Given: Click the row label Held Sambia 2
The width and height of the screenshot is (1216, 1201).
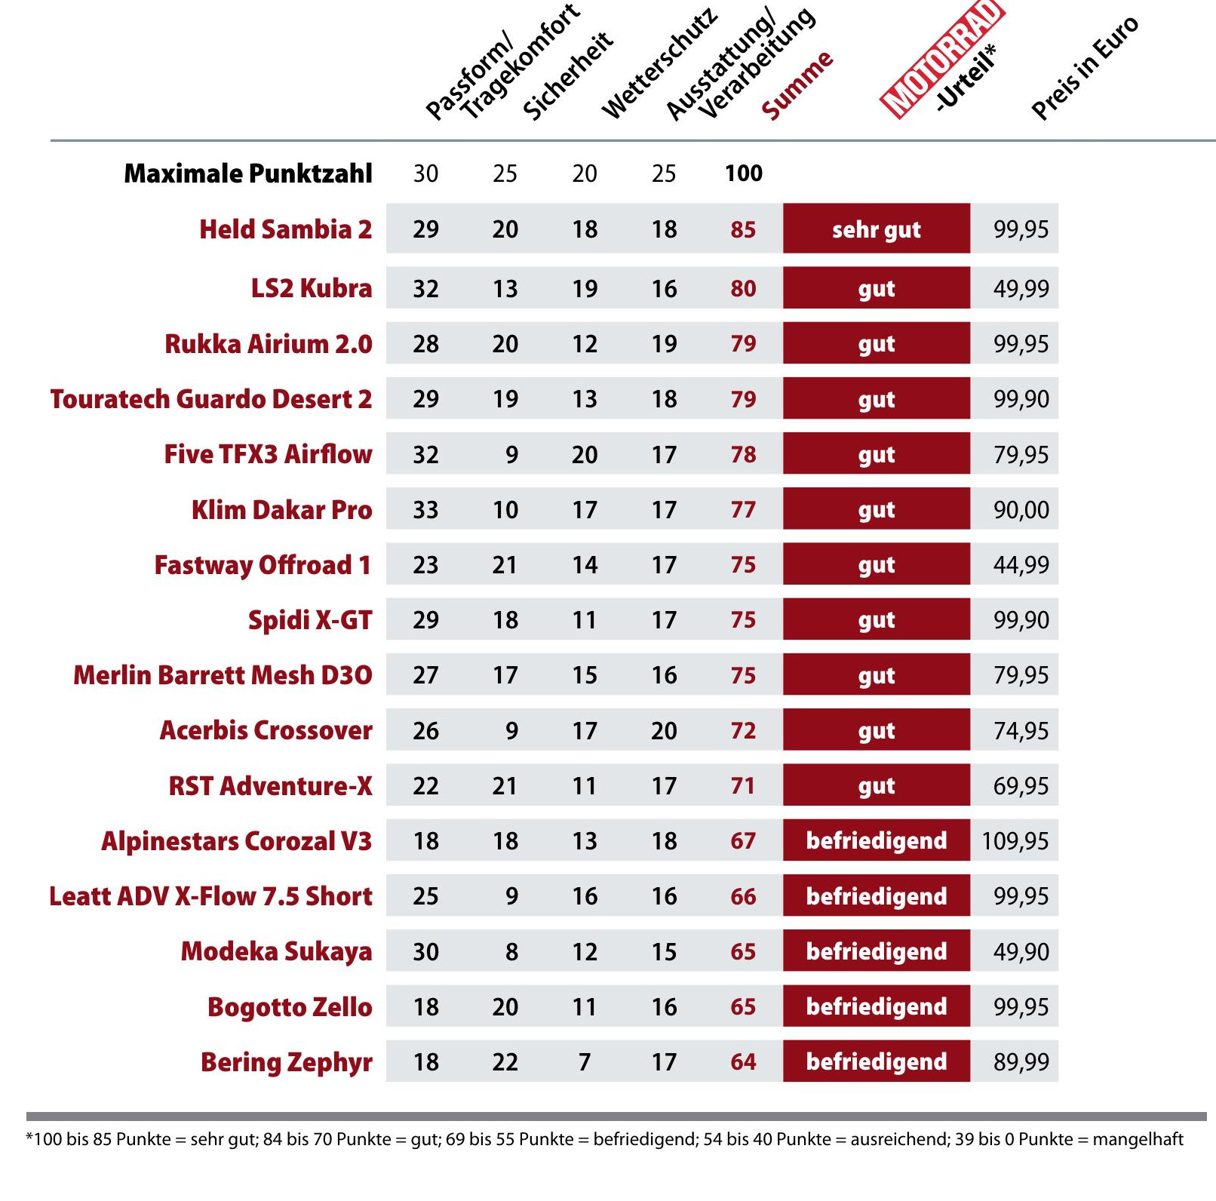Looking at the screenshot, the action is tap(286, 229).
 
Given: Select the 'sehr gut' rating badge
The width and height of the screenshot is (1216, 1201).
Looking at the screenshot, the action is tap(877, 229).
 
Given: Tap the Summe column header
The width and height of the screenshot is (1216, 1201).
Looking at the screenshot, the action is tap(797, 85).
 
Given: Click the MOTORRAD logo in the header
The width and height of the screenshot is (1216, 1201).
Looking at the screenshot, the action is tap(942, 58).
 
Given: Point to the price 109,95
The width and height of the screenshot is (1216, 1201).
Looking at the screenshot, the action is tap(1015, 840).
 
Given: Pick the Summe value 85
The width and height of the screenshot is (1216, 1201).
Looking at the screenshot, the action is tap(743, 229).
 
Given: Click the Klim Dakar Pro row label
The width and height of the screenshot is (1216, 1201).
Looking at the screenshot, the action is tap(282, 510).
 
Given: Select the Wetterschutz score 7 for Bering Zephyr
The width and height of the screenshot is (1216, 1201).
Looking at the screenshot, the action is tap(585, 1062).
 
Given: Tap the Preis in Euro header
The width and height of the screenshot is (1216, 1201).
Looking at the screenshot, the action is tap(1085, 68).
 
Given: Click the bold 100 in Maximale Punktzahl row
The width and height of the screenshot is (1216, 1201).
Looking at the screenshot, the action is tap(744, 174).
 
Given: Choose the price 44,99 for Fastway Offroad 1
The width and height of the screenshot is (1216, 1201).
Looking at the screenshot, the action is tap(1021, 564).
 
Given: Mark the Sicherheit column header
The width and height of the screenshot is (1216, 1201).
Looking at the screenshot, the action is tap(568, 75).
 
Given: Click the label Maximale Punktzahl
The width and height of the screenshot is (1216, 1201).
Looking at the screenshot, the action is tap(248, 174).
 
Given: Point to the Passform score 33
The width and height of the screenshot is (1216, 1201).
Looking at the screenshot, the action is tap(425, 510).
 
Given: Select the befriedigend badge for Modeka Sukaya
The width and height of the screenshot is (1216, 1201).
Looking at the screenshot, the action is tap(877, 951).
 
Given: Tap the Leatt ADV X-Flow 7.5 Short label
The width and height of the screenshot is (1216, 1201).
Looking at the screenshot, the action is tap(211, 896).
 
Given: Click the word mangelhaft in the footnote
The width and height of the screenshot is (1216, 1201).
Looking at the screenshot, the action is tap(1138, 1139).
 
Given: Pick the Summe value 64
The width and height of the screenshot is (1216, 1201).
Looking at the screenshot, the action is tap(743, 1062).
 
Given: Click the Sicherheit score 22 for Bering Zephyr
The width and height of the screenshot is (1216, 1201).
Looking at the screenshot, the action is tap(505, 1062).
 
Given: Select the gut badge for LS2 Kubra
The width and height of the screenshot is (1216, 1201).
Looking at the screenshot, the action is tap(877, 287).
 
